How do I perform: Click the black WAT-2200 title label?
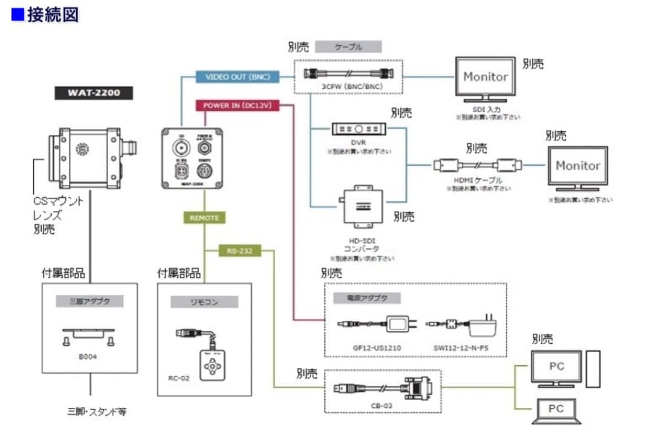pyautogui.click(x=93, y=94)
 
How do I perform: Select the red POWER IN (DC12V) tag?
pyautogui.click(x=237, y=105)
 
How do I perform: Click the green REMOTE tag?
pyautogui.click(x=204, y=218)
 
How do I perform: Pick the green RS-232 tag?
pyautogui.click(x=239, y=250)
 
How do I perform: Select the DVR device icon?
pyautogui.click(x=359, y=129)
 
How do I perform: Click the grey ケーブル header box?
pyautogui.click(x=349, y=47)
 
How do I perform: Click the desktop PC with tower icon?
pyautogui.click(x=565, y=369)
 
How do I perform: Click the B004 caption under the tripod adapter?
pyautogui.click(x=88, y=357)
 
